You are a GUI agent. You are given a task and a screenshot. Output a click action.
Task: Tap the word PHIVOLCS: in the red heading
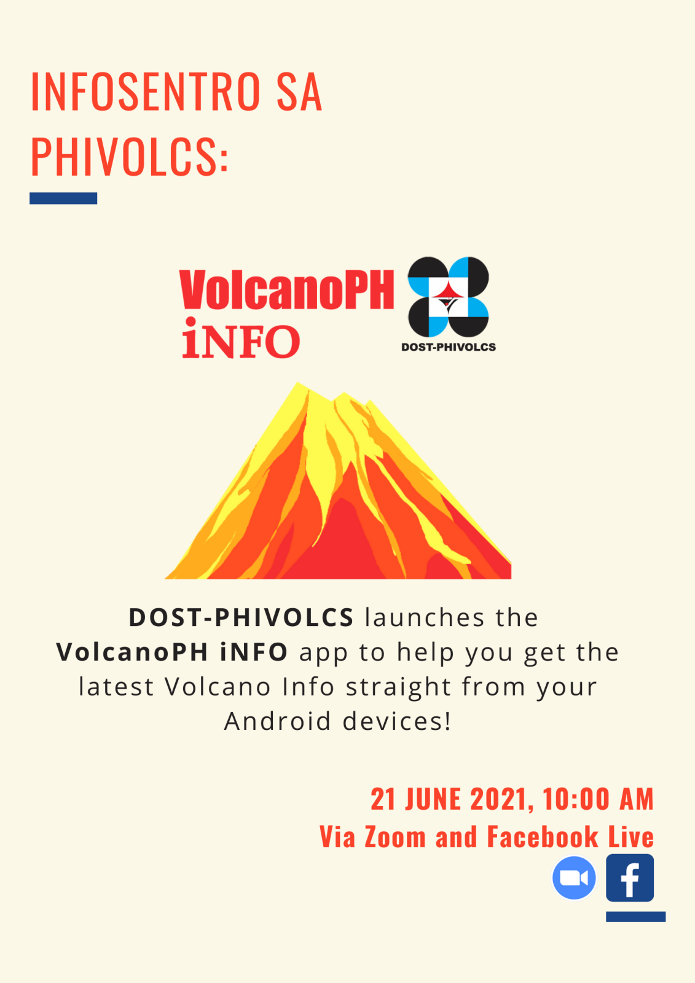(x=129, y=157)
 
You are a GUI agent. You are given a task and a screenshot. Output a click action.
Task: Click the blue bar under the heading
(x=63, y=198)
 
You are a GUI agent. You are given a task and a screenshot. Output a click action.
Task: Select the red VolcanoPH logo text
(x=286, y=289)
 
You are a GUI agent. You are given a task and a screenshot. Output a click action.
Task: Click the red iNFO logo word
(x=241, y=340)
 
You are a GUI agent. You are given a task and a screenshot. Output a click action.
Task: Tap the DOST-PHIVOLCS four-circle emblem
(x=448, y=296)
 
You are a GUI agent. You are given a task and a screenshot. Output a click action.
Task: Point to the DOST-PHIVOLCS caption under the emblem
(x=448, y=347)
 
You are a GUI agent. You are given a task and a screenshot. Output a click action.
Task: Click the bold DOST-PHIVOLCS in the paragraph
(x=241, y=617)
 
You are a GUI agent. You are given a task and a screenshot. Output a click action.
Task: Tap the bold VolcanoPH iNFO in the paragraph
(x=172, y=652)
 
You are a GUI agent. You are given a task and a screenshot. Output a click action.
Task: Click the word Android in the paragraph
(x=278, y=721)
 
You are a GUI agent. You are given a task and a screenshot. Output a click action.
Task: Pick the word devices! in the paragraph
(x=397, y=721)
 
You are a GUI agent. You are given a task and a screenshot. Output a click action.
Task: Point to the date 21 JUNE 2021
(x=449, y=799)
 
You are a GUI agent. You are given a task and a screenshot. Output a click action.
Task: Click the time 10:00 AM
(x=599, y=799)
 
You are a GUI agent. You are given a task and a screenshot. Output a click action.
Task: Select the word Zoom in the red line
(x=395, y=837)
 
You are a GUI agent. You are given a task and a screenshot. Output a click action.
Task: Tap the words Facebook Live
(x=570, y=837)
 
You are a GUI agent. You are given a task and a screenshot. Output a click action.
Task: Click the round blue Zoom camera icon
(x=574, y=878)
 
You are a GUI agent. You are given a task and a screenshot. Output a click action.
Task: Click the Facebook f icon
(x=630, y=878)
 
